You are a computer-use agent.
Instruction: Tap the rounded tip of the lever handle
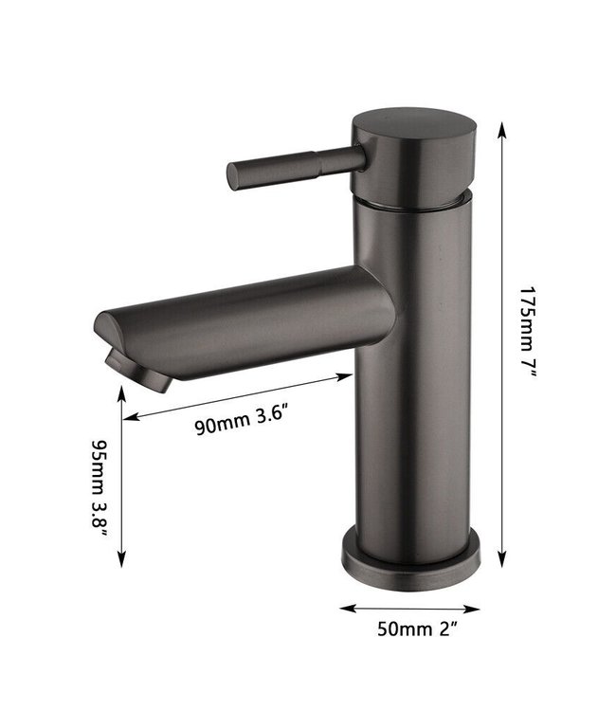pyautogui.click(x=233, y=176)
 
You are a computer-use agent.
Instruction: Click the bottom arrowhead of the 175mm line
pyautogui.click(x=502, y=567)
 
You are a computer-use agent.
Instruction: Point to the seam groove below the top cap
pyautogui.click(x=412, y=201)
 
